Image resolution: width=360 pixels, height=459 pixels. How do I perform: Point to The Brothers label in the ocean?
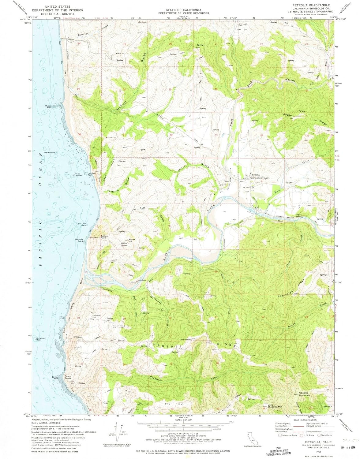(49, 152)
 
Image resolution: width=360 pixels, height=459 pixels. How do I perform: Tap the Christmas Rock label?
(41, 339)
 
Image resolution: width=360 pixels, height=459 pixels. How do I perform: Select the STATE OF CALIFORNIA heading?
(184, 10)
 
